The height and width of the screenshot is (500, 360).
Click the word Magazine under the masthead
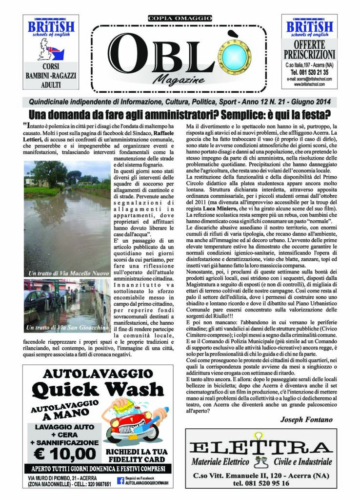tap(180, 80)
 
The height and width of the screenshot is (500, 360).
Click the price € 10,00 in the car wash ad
tap(66, 453)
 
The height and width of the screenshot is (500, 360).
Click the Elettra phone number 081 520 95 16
tap(259, 483)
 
